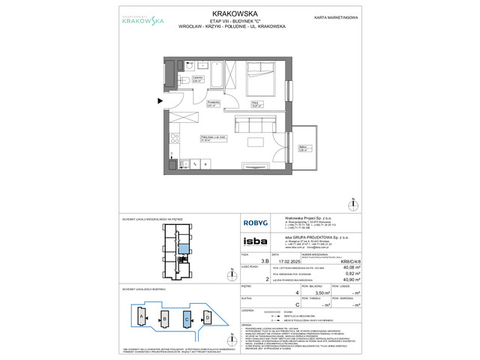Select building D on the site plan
pos(207,318)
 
